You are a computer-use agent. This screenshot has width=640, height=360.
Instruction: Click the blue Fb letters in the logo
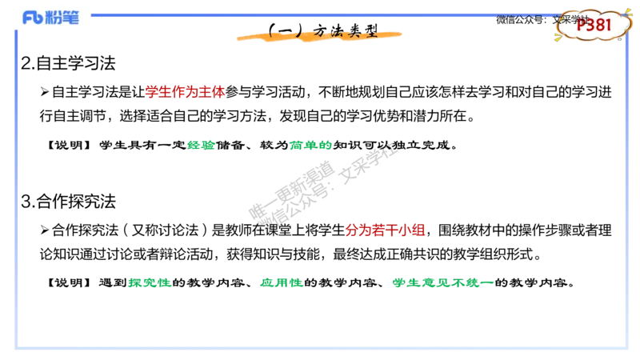click(x=33, y=18)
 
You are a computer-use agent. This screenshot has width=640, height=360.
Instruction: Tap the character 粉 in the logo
click(x=54, y=18)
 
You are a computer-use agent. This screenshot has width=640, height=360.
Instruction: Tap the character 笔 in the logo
click(x=71, y=18)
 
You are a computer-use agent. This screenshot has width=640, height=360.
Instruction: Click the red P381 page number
click(x=594, y=25)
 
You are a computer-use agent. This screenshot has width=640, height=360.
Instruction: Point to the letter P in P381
click(x=581, y=25)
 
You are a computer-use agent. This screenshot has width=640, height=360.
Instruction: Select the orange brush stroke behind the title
click(x=320, y=36)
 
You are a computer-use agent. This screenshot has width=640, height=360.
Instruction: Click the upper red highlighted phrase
click(x=185, y=92)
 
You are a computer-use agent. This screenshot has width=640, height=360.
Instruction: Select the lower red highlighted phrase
click(x=385, y=230)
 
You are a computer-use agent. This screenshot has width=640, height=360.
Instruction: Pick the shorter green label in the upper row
click(x=202, y=146)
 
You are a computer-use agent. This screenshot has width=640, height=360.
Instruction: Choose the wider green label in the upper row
click(x=310, y=145)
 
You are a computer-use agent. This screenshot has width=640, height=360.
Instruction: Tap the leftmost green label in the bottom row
click(x=150, y=282)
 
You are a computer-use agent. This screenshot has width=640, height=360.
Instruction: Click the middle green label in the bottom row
click(x=282, y=282)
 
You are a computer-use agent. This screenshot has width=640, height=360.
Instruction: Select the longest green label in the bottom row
click(x=442, y=282)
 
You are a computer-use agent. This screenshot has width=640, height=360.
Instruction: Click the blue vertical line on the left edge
click(x=16, y=192)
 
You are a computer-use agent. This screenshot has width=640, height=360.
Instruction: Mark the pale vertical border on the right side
click(x=626, y=200)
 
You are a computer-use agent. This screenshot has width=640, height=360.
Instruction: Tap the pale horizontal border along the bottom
click(x=320, y=348)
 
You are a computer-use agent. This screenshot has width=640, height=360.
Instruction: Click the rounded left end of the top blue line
click(x=94, y=15)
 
